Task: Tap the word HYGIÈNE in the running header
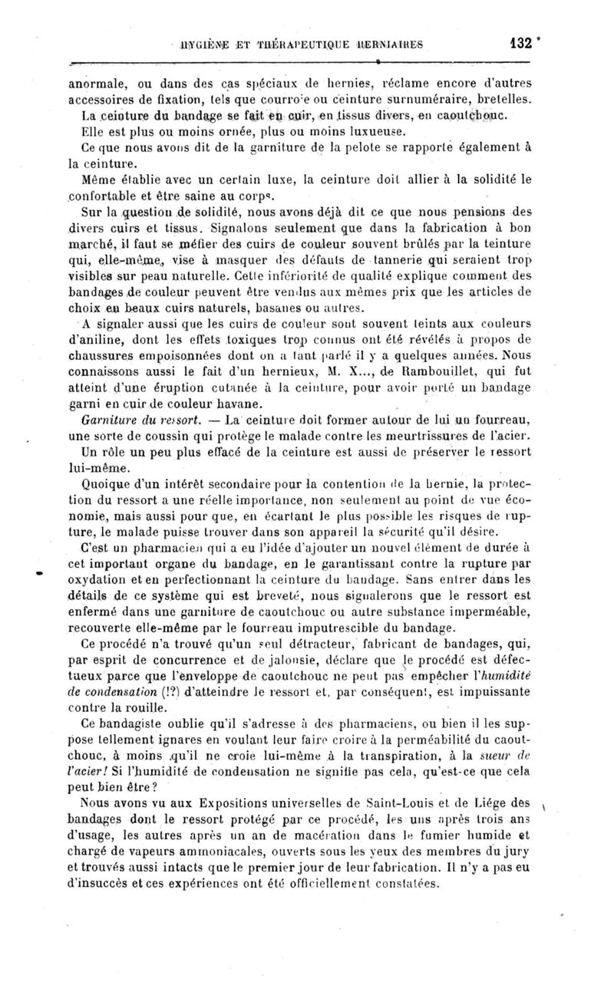coord(205,45)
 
